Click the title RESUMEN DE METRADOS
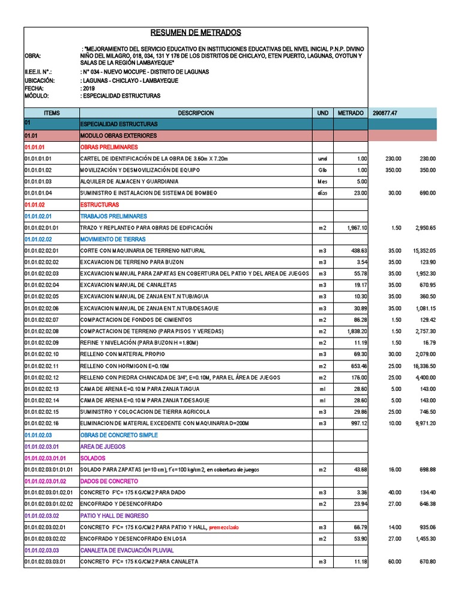tap(195, 32)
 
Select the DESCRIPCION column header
tap(195, 113)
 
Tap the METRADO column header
tap(350, 113)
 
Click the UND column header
tap(323, 113)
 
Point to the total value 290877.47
tap(389, 113)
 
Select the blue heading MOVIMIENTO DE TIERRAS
tap(113, 239)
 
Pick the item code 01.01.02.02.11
tap(42, 366)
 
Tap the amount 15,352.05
tap(424, 250)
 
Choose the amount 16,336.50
tap(424, 366)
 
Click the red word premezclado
tap(224, 527)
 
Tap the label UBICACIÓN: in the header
tap(39, 79)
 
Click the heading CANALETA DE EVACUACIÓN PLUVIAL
tap(127, 550)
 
